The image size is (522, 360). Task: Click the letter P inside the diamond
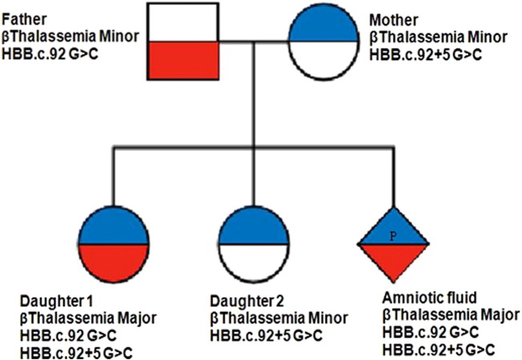392,236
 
